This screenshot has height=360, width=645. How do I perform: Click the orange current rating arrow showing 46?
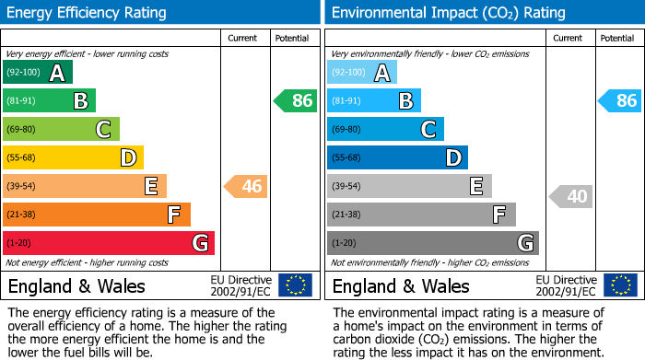[x=246, y=187]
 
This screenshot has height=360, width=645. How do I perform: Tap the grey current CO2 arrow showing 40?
[x=571, y=196]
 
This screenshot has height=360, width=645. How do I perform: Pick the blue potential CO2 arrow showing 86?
[x=620, y=101]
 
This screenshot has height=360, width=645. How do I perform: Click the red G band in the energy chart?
[x=109, y=243]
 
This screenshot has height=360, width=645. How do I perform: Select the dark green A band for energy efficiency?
[x=38, y=73]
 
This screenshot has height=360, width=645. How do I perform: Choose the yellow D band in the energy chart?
[x=73, y=158]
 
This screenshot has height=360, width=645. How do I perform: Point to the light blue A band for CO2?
[x=362, y=73]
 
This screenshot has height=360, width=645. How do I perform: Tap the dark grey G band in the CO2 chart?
[x=432, y=243]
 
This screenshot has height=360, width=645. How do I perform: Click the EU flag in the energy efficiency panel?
[x=295, y=285]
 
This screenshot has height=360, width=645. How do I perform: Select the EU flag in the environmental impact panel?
[x=620, y=285]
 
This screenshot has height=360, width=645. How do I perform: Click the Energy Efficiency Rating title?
[x=88, y=13]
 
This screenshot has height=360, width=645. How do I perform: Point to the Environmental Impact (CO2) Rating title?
[x=448, y=13]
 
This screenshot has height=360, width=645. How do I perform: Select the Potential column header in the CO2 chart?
[x=616, y=38]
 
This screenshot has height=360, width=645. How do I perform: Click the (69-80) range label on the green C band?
[x=23, y=130]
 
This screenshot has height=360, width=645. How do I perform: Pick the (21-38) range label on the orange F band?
[x=23, y=215]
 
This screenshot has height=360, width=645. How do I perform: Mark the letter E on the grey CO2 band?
[x=475, y=187]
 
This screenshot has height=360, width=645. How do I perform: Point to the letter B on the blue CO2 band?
[x=405, y=101]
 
